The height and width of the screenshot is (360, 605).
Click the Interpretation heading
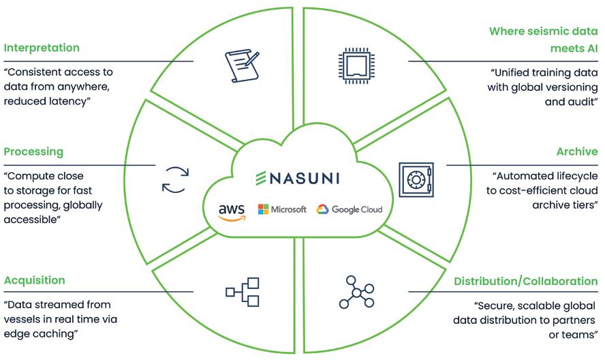coord(42,48)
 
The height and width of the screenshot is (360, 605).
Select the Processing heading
coord(33,151)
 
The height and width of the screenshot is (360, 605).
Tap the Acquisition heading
coord(35,280)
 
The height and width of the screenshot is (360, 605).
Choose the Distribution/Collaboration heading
coord(525,281)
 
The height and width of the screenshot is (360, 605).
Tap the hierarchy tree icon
coord(243,292)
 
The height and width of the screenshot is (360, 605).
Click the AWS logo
coord(232,211)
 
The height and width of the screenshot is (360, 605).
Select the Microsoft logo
coord(282,209)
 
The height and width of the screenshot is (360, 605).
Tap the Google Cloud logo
coord(350,209)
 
